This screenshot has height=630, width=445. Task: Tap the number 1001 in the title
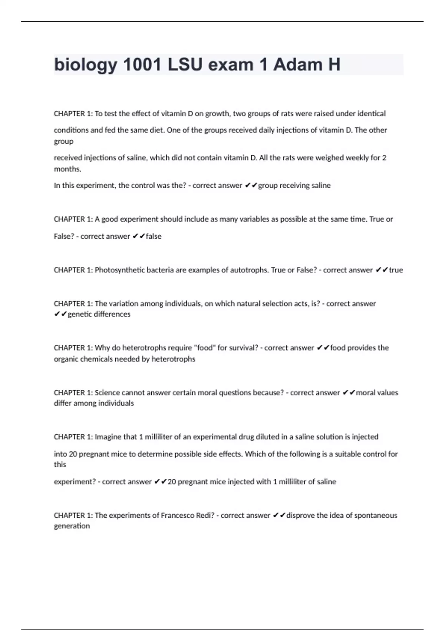(142, 65)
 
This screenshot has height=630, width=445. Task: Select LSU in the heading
(185, 65)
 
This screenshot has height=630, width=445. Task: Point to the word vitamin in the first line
(174, 114)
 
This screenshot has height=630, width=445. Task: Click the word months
(67, 169)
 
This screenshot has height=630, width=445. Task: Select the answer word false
(154, 236)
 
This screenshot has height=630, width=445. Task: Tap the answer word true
(396, 270)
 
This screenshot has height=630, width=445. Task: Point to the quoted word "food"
(204, 348)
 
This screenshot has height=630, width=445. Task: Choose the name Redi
(205, 515)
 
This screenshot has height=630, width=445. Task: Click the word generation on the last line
(72, 526)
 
